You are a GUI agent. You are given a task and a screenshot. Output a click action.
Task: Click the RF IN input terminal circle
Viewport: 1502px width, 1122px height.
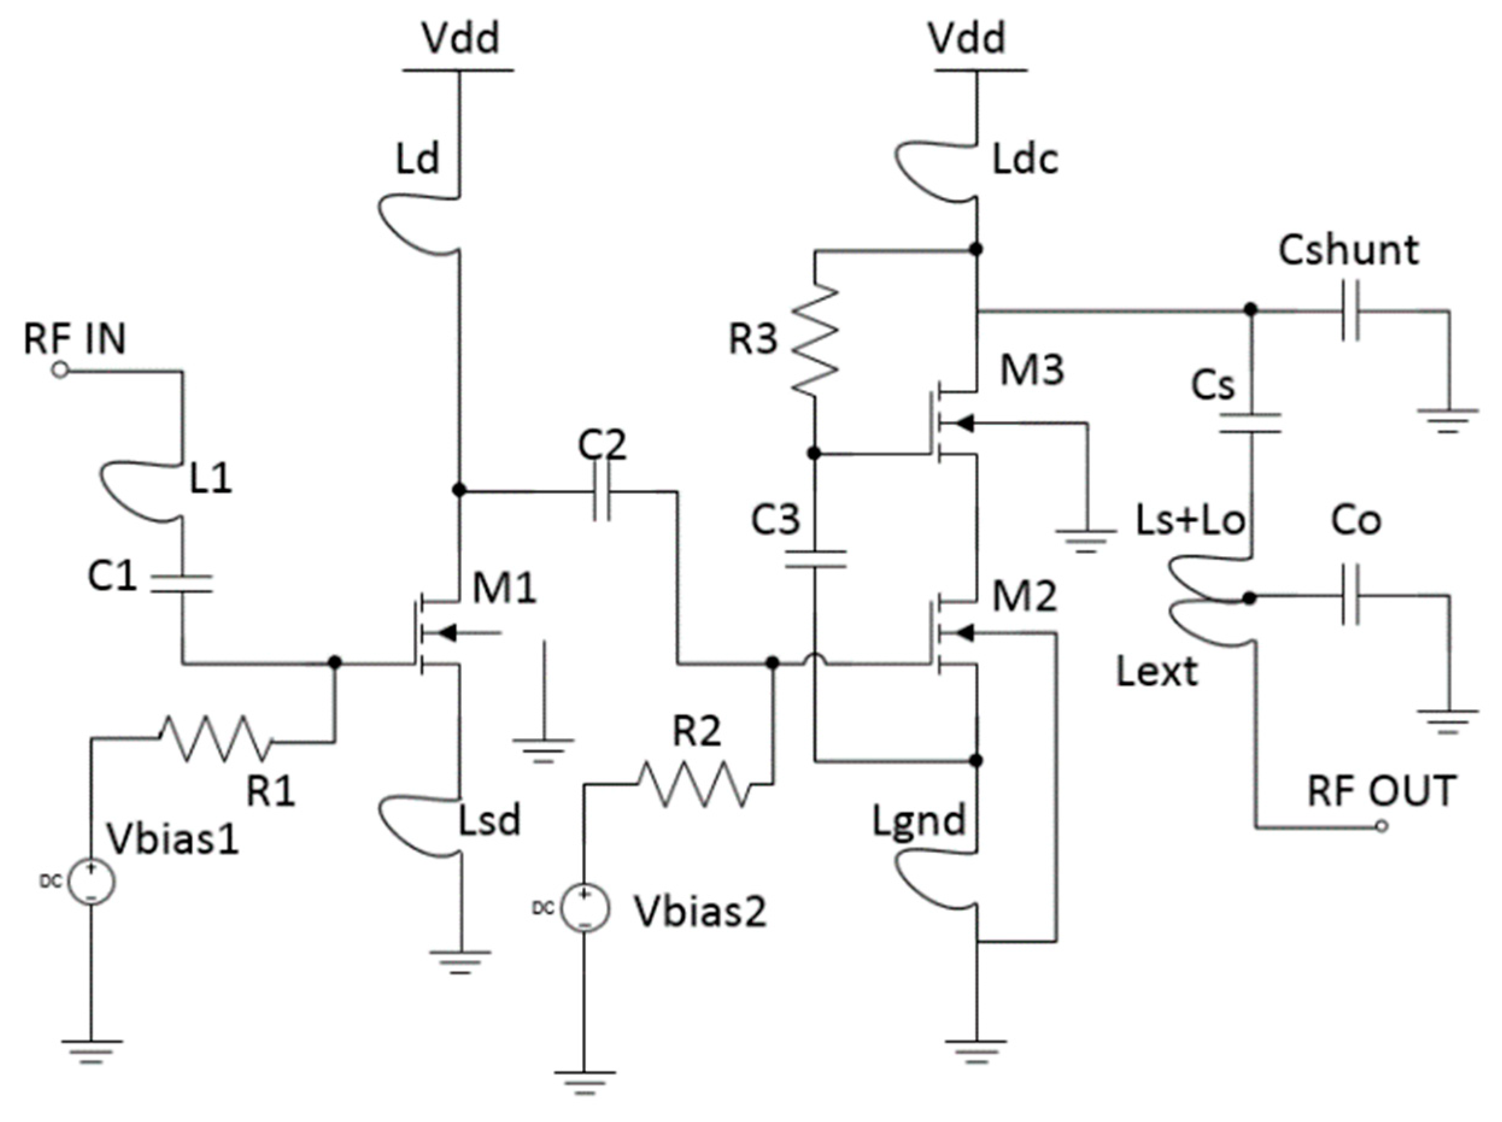tap(60, 371)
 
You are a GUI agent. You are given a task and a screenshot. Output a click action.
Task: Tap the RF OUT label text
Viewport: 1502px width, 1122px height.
tap(1381, 791)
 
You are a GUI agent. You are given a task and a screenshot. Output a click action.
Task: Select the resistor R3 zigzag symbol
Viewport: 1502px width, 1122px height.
tap(815, 339)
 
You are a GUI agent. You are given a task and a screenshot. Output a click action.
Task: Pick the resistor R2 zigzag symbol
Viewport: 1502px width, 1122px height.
tap(693, 784)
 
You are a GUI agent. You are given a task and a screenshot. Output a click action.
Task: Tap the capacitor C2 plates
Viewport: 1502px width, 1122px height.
tap(602, 490)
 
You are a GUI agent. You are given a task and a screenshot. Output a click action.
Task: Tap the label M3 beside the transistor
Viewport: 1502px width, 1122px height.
tap(1031, 370)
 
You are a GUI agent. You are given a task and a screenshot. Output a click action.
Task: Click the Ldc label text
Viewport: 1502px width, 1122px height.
tap(1025, 160)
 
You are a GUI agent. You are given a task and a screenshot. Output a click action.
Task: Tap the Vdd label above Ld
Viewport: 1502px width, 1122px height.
tap(460, 38)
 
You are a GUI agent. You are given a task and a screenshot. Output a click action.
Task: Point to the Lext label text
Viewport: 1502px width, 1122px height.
tap(1157, 672)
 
